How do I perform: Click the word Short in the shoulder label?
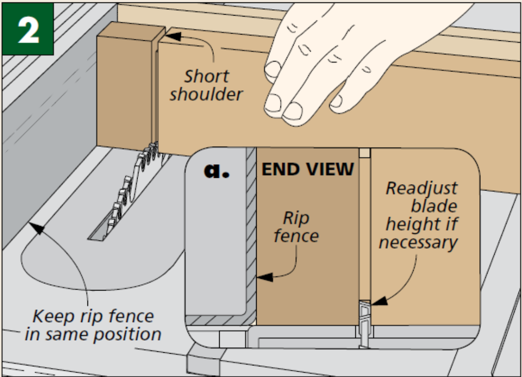[206, 76]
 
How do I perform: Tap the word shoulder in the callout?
[206, 94]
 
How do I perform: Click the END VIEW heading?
[308, 169]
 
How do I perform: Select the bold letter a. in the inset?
[216, 171]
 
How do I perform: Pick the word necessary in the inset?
[418, 241]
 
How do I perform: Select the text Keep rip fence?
[93, 316]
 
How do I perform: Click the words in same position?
[93, 334]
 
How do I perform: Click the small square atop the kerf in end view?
[365, 153]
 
